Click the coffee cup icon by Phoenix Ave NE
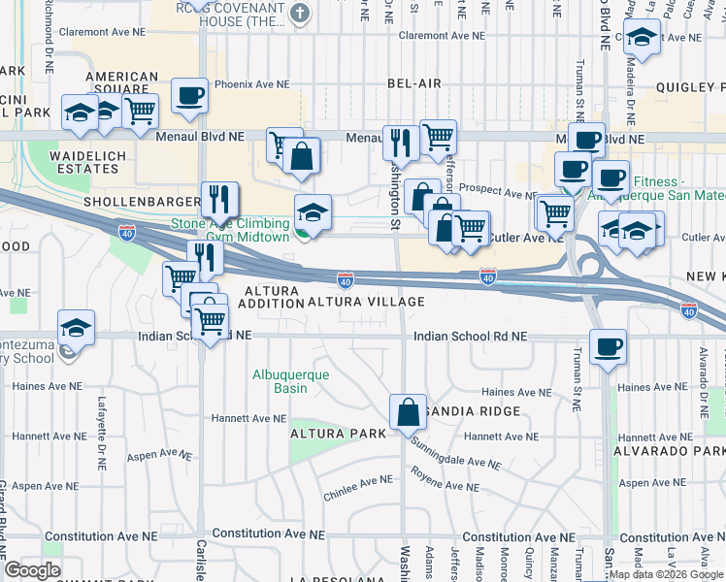tap(190, 96)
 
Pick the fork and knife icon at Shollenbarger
tap(219, 200)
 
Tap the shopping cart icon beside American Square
tap(141, 111)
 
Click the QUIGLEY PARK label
tap(684, 84)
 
